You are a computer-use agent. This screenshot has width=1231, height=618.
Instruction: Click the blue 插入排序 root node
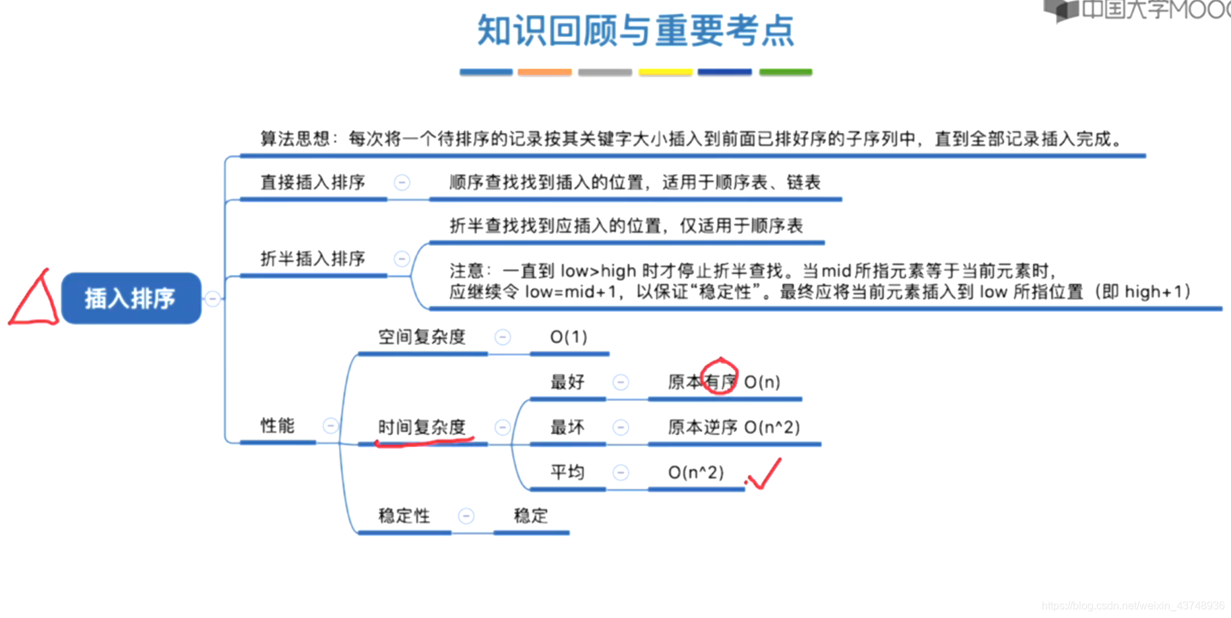tap(131, 298)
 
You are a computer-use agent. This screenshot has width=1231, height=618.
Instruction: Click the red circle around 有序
tap(720, 377)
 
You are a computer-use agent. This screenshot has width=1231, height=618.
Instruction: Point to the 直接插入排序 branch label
tap(313, 182)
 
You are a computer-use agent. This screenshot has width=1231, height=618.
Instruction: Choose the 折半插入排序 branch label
tap(313, 258)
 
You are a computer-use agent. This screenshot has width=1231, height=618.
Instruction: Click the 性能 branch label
tap(277, 425)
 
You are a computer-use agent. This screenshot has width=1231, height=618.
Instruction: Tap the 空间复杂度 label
tap(422, 337)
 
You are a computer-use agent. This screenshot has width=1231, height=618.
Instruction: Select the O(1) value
tap(569, 337)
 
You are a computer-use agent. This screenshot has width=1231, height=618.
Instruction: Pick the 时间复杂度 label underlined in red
tap(422, 427)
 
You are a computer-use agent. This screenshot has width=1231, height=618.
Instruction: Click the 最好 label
tap(567, 382)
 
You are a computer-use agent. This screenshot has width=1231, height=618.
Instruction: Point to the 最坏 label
tap(567, 427)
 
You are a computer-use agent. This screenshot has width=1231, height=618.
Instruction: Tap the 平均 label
tap(567, 472)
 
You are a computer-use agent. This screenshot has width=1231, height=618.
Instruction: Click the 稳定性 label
tap(404, 516)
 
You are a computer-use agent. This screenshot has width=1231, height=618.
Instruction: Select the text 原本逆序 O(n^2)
tap(734, 427)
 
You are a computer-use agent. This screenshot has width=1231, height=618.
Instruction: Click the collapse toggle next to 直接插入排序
tap(402, 183)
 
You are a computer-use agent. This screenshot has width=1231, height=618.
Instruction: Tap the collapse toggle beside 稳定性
tap(466, 516)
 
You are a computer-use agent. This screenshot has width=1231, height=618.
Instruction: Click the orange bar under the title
tap(544, 72)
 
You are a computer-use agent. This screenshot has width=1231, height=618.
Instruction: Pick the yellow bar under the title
tap(665, 72)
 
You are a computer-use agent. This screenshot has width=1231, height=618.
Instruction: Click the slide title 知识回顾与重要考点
tap(635, 31)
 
